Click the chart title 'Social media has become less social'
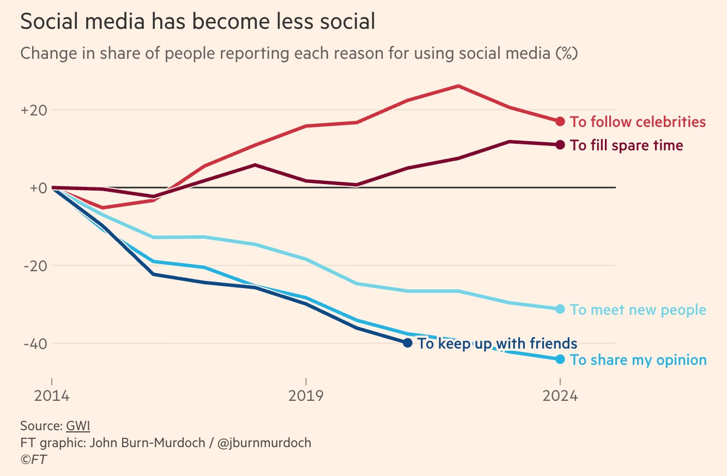tap(197, 22)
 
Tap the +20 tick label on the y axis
tap(34, 110)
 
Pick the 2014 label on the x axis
tap(52, 395)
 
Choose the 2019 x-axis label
tap(306, 395)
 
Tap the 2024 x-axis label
tap(560, 395)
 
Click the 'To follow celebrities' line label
tap(638, 122)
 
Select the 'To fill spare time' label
tap(626, 145)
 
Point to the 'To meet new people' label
tap(638, 310)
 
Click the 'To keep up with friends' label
tap(497, 344)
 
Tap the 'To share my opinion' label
tap(638, 360)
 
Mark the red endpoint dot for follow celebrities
tap(560, 121)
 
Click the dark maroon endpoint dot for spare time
tap(560, 145)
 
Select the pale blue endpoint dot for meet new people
tap(560, 309)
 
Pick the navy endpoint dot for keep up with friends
tap(407, 343)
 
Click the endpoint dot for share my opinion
tap(560, 359)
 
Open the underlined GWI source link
tap(78, 425)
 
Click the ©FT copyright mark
tap(33, 460)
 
